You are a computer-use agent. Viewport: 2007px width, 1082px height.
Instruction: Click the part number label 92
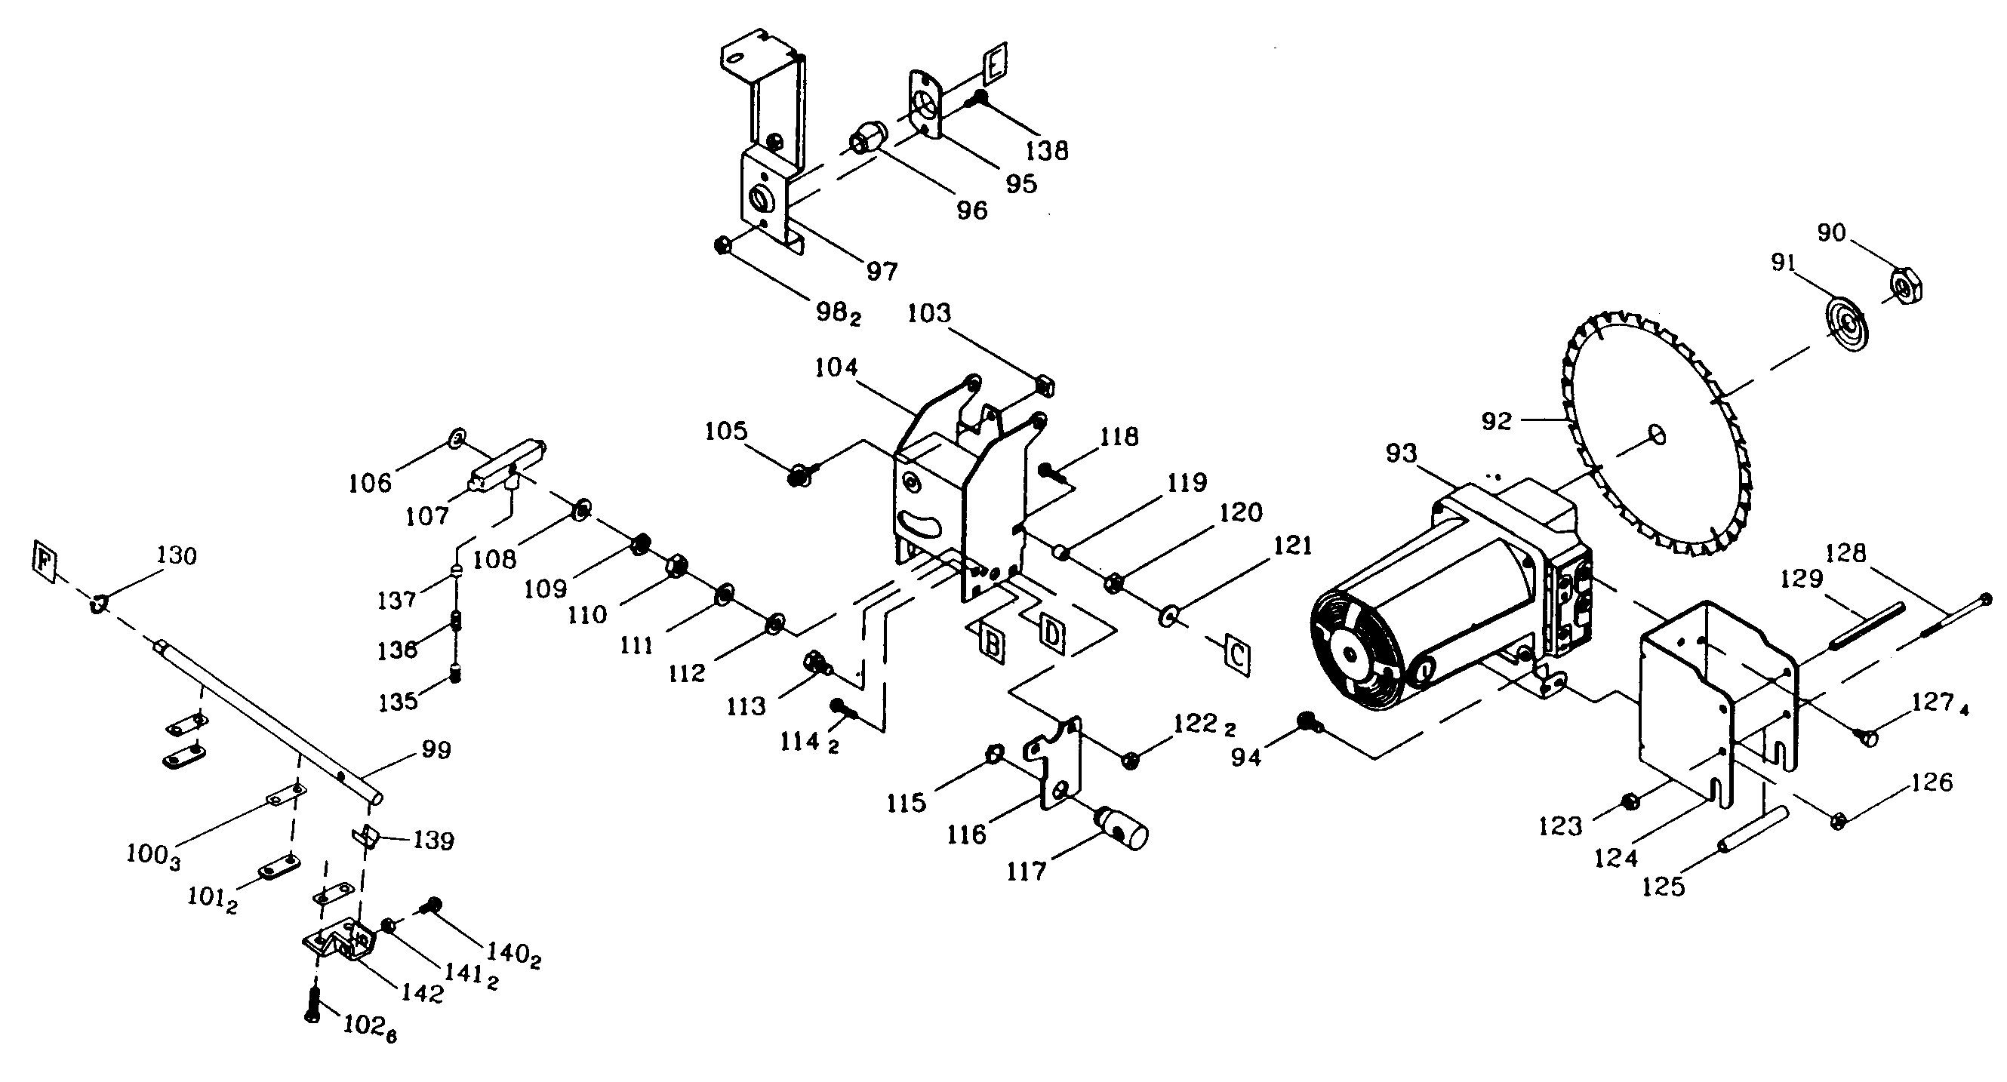(1496, 422)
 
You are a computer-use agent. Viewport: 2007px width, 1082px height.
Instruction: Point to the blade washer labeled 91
(1848, 321)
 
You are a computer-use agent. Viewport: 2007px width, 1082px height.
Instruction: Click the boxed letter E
(996, 64)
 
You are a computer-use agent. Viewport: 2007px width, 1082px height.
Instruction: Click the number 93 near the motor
(1402, 453)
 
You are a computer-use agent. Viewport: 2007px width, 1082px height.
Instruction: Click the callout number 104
(836, 367)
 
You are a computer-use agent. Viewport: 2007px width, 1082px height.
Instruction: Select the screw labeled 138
(976, 100)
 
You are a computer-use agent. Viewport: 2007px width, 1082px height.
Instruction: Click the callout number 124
(1617, 858)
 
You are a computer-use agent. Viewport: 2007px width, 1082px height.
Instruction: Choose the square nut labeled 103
(1045, 383)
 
